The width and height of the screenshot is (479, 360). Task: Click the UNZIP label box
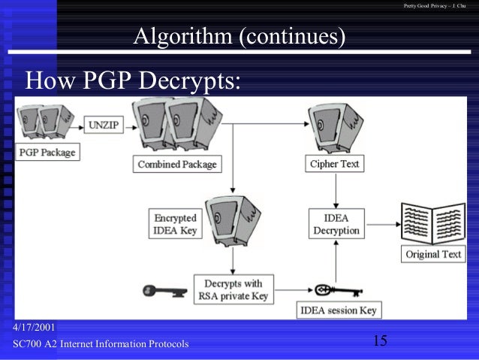coord(104,125)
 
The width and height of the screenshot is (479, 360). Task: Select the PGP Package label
coord(47,151)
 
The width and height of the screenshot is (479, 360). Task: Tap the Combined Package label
coord(176,164)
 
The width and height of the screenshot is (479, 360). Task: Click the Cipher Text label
coord(334,163)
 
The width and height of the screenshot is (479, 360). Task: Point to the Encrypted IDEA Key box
coord(176,225)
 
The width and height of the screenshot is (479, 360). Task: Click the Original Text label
coord(433,254)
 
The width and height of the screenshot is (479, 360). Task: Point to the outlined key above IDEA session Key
coord(333,289)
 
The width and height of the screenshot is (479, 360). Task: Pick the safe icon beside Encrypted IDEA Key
coord(230,221)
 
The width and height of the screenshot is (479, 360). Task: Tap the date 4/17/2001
coord(35,328)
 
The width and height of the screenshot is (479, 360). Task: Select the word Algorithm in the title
coord(182,35)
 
